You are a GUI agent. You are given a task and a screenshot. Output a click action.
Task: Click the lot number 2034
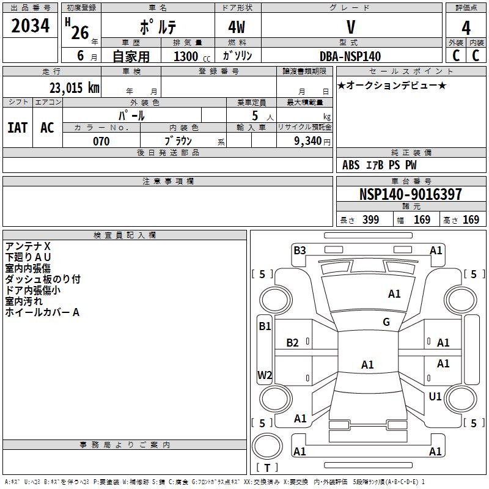(30, 26)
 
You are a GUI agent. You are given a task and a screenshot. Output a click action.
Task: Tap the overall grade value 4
(466, 28)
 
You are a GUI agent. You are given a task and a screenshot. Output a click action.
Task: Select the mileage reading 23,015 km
(75, 88)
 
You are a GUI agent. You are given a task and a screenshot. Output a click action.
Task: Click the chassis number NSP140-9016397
(410, 194)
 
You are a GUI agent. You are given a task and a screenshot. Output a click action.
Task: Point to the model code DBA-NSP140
(350, 56)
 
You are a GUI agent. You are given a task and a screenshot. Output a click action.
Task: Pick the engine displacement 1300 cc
(192, 56)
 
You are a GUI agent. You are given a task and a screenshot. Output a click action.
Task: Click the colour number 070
(101, 141)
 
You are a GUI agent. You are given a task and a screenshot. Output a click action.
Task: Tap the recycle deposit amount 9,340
(308, 141)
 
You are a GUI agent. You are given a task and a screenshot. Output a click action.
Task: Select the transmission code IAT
(18, 128)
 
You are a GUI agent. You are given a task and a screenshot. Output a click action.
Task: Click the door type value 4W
(237, 27)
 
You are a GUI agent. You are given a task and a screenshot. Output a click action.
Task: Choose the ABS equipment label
(351, 165)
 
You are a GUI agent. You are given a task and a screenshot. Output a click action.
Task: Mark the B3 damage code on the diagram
(300, 251)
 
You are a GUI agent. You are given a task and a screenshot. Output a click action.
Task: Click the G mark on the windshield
(386, 322)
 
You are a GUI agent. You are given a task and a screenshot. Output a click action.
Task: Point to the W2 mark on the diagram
(265, 375)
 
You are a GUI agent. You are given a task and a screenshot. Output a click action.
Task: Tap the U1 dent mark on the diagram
(435, 396)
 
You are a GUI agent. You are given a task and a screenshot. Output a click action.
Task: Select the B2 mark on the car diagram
(292, 343)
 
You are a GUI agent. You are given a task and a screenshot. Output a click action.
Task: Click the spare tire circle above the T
(267, 446)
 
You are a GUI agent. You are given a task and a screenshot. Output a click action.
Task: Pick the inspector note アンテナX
(28, 246)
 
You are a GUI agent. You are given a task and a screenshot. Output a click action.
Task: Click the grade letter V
(351, 27)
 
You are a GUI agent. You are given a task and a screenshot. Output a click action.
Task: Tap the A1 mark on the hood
(394, 294)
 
